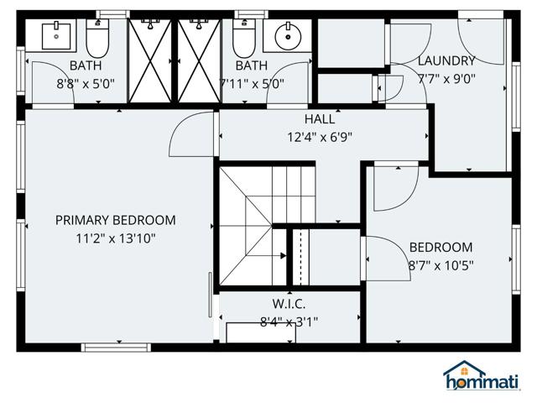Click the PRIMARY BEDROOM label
(x=115, y=220)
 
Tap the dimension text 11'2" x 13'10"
(x=115, y=238)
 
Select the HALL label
(x=320, y=119)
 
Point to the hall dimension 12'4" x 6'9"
(x=320, y=137)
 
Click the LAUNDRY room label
(x=446, y=60)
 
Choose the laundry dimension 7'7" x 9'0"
(x=446, y=78)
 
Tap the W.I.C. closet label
(x=289, y=303)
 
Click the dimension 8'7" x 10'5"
(x=441, y=265)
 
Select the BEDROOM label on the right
(x=441, y=248)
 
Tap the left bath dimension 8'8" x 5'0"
(x=86, y=84)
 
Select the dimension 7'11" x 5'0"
(x=252, y=84)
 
